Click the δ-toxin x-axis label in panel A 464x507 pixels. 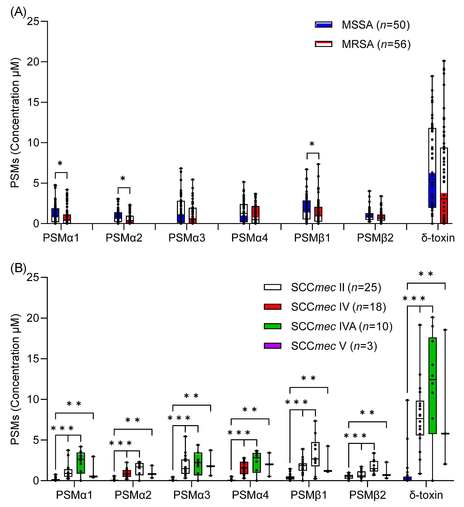[438, 238]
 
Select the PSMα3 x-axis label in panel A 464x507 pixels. [187, 238]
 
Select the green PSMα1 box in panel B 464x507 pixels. [81, 463]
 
